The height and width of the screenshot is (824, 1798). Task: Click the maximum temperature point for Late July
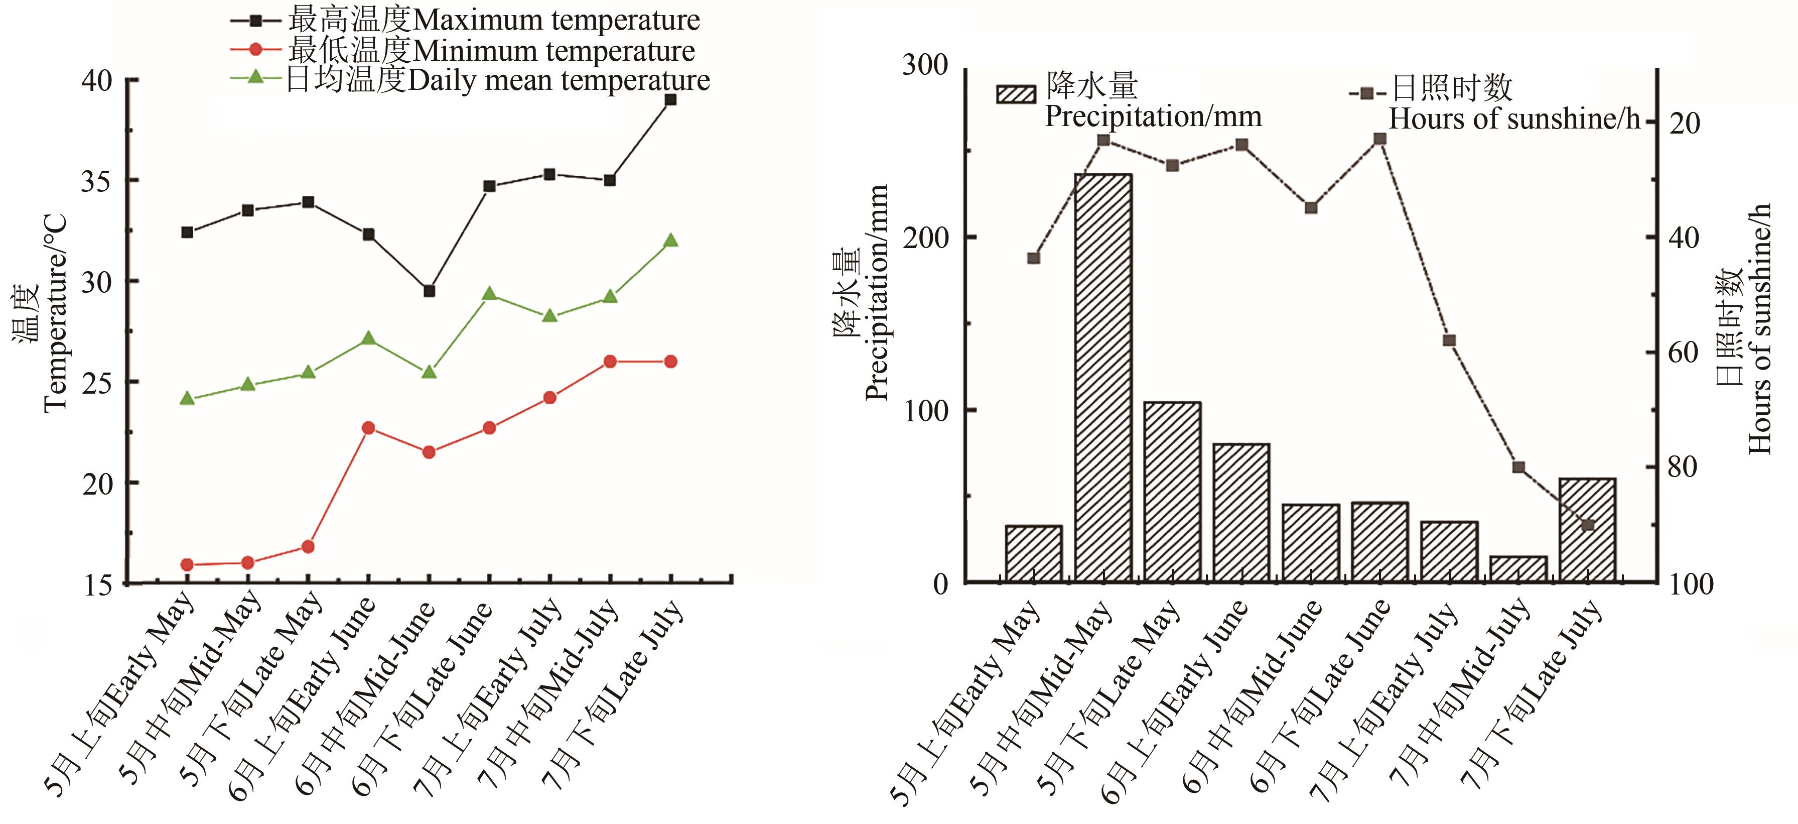(670, 100)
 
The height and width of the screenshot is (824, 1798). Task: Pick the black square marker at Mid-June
(429, 291)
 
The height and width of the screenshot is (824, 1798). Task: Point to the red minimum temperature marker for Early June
(368, 427)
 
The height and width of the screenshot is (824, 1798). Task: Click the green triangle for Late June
(489, 294)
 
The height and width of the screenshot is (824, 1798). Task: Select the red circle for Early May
(187, 564)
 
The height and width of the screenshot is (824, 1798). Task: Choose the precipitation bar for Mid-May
(1103, 377)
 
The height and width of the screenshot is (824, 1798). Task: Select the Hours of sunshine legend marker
(1366, 93)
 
